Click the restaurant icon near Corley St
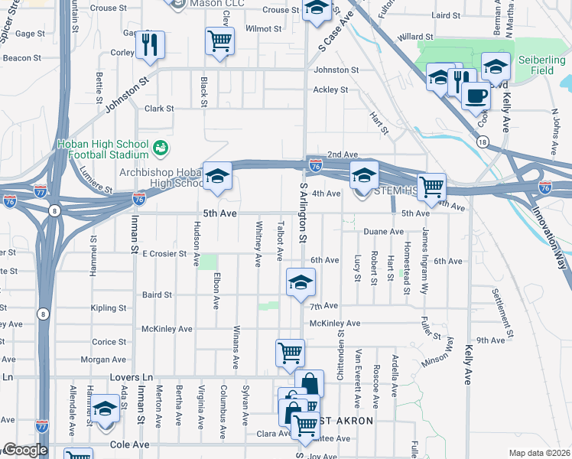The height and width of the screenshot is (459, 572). point(151,44)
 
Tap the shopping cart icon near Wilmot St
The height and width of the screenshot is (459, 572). point(219,41)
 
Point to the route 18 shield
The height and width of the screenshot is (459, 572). point(481,142)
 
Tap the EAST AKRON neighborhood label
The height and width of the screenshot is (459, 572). point(343,421)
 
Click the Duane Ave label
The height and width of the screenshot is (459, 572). point(383,231)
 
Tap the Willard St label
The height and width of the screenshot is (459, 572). point(415,37)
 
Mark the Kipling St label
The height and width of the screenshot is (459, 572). point(109,308)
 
